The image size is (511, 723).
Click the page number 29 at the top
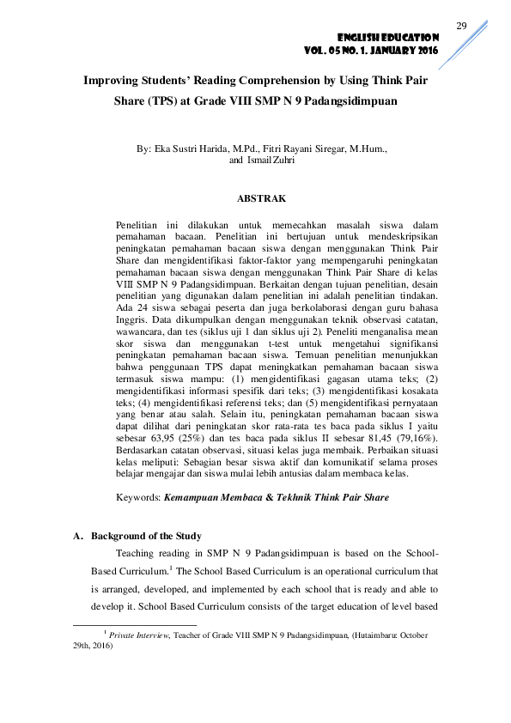(460, 27)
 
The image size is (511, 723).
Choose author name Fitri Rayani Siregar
(289, 149)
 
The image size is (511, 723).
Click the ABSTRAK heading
(261, 198)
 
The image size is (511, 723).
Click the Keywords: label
(137, 497)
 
